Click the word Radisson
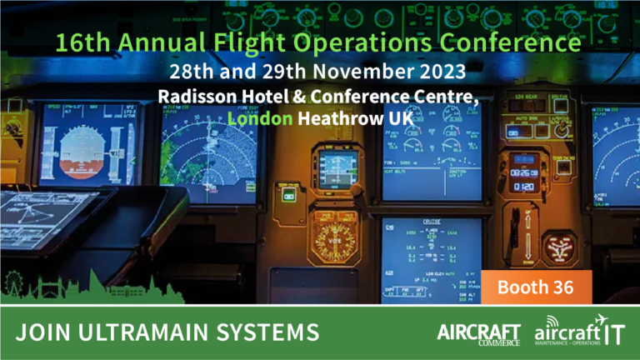[x=197, y=97]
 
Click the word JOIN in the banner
[x=42, y=332]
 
